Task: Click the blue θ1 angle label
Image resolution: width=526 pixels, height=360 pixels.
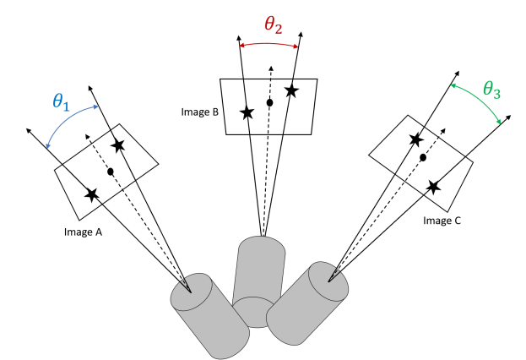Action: [x=60, y=102]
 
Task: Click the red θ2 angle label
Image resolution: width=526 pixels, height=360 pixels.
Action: [x=273, y=25]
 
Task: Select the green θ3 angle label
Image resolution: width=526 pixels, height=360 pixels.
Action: [x=492, y=90]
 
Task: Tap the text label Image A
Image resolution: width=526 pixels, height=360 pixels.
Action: [x=83, y=231]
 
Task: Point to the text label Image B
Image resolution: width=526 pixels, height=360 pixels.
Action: [x=200, y=111]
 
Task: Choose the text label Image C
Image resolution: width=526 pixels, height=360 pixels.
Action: [x=442, y=221]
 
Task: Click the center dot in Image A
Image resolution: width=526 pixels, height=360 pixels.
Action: [x=111, y=172]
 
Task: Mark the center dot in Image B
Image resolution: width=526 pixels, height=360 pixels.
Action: [x=270, y=103]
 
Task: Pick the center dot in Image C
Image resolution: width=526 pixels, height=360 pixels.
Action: [x=423, y=158]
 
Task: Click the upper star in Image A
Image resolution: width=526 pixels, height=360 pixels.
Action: [x=118, y=146]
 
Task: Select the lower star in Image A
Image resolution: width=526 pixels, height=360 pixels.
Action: [x=92, y=194]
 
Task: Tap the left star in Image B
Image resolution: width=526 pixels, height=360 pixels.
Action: [x=247, y=112]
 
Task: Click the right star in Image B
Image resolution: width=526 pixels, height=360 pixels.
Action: [x=291, y=90]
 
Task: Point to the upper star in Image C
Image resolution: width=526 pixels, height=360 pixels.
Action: [x=415, y=139]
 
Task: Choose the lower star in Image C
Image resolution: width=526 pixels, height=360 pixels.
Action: [x=433, y=187]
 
